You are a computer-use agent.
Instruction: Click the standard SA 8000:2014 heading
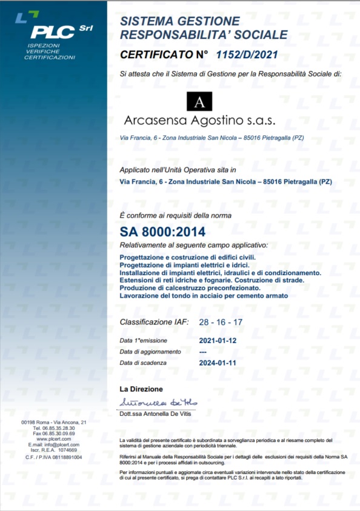point(162,231)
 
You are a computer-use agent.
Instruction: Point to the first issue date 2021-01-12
point(219,340)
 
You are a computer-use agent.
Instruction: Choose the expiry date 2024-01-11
point(219,362)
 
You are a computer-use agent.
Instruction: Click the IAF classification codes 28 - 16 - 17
point(221,322)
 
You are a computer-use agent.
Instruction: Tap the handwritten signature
point(158,402)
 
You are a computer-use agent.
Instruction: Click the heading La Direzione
point(141,389)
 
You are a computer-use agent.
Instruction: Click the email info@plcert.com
point(62,445)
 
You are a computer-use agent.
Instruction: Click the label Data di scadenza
point(146,362)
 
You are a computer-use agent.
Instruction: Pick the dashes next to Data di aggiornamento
point(204,352)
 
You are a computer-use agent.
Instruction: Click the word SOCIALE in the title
point(253,35)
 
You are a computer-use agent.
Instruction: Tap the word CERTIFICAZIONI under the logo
point(50,58)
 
